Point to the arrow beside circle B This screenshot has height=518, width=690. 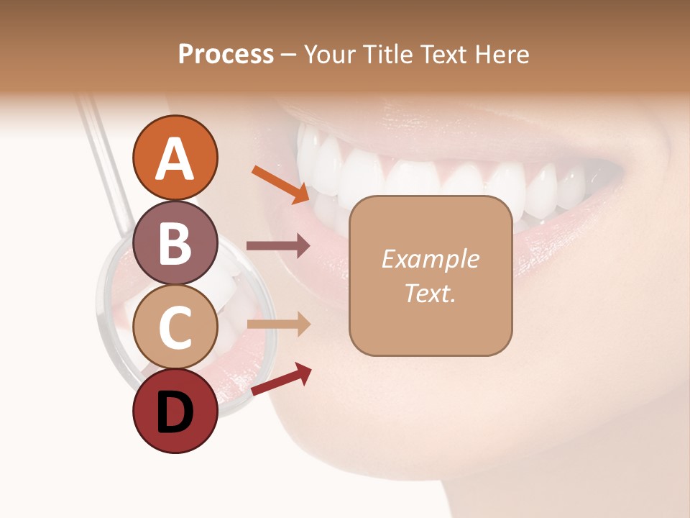point(278,246)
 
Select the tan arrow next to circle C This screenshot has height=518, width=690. point(278,324)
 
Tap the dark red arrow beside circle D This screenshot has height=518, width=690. point(281,379)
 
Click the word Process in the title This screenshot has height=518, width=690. point(226,55)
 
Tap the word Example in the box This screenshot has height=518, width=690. point(430,259)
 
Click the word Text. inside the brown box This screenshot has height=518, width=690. point(430,294)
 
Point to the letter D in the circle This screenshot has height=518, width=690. point(175,414)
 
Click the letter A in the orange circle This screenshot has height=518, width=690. point(175,159)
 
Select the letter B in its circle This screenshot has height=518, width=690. point(175,243)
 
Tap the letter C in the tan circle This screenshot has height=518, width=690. point(175,327)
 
